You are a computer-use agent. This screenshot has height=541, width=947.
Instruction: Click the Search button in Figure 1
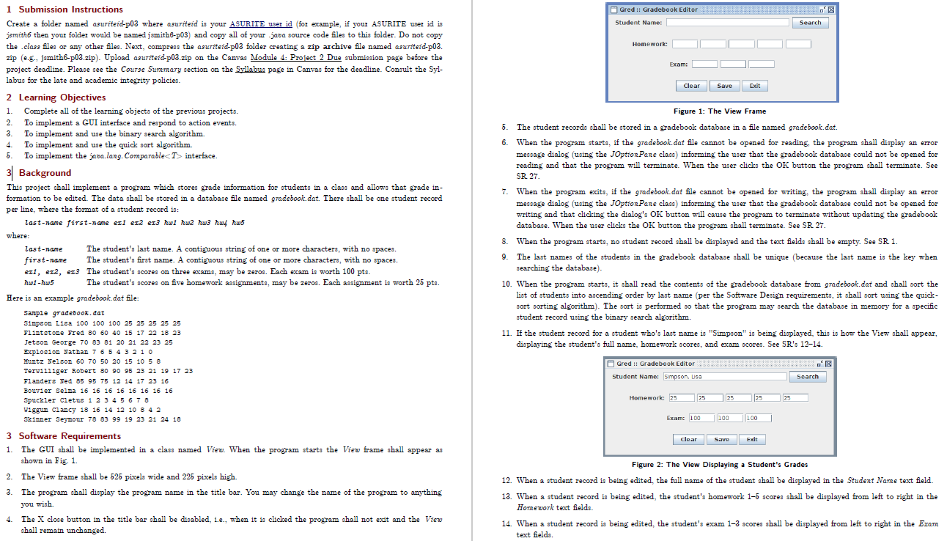(x=809, y=23)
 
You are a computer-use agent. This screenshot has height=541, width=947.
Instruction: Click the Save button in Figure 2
(x=722, y=439)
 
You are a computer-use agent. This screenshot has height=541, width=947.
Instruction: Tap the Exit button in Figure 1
(x=754, y=86)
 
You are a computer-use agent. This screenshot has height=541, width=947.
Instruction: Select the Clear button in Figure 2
(x=689, y=439)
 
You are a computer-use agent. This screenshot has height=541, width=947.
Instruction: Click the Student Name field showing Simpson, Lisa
(x=724, y=377)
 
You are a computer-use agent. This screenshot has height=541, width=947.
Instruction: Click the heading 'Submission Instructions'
(x=70, y=10)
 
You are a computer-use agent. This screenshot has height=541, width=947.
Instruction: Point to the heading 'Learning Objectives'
(x=62, y=97)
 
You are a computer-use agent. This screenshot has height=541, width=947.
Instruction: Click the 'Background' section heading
(x=45, y=173)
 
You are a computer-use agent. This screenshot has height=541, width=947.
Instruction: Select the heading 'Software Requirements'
(x=70, y=436)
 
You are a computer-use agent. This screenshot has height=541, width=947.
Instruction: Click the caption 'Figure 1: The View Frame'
(x=719, y=111)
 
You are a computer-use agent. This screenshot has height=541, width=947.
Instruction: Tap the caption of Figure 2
(x=719, y=464)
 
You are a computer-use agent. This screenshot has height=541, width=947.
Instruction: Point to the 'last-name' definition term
(x=43, y=249)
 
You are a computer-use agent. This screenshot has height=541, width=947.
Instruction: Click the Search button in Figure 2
(x=807, y=377)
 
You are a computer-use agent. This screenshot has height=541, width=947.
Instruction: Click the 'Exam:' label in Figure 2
(x=675, y=418)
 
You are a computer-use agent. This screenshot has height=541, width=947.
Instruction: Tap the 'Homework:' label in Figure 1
(x=649, y=44)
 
